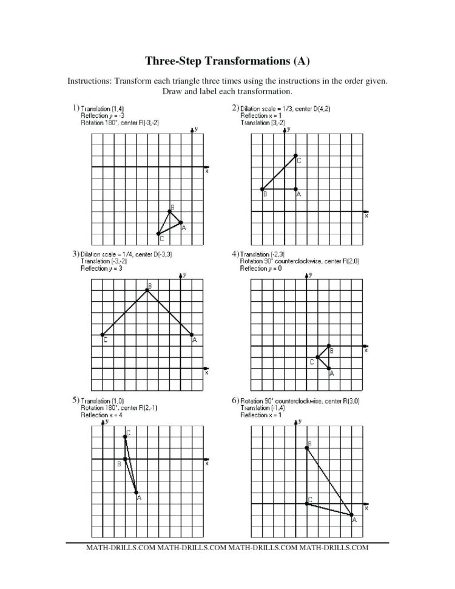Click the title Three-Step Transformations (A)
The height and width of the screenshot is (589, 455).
point(227,61)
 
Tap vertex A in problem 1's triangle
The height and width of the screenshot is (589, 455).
point(181,223)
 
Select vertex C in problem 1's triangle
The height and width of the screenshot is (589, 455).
point(158,234)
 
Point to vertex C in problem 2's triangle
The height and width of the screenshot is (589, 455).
point(296,155)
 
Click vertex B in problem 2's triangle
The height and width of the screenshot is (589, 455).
point(262,189)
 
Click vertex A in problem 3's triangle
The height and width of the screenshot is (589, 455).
point(192,335)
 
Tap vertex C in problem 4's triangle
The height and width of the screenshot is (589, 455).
point(317,357)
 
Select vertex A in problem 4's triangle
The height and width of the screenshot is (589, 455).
point(329,368)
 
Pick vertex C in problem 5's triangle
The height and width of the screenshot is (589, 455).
point(125,436)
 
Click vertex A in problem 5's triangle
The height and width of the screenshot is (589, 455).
point(136,492)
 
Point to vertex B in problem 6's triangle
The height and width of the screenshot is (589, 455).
point(306,448)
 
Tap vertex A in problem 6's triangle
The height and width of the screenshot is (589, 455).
point(352,515)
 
